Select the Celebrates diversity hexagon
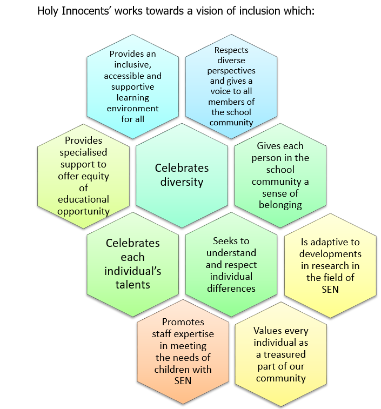tap(182, 175)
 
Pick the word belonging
tap(280, 205)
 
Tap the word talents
tap(132, 285)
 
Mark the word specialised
tap(83, 152)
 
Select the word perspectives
tap(232, 71)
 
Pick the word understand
tap(231, 252)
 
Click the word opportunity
tap(83, 211)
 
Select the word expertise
tap(192, 334)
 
